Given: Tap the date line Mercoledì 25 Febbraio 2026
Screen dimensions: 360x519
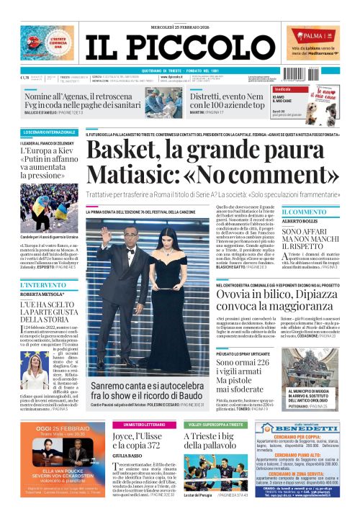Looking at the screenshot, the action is pos(179,9).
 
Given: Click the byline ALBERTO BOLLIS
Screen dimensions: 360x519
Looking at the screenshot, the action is pos(300,222).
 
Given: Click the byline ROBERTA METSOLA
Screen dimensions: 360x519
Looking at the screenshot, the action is pos(42,294).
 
